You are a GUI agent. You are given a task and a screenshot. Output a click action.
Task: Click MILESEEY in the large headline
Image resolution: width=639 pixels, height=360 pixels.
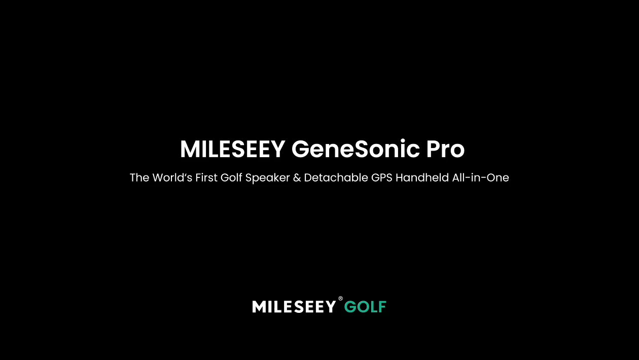232,149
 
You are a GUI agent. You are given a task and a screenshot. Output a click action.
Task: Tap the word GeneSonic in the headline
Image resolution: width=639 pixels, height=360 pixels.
356,149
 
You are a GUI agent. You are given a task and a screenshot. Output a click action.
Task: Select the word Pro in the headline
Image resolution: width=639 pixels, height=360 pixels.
446,149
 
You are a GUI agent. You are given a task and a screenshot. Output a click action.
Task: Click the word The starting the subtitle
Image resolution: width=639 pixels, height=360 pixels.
139,177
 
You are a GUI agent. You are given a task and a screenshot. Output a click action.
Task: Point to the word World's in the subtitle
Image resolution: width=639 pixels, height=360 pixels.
172,177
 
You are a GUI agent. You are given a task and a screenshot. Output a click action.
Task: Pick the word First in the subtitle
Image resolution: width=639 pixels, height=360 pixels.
206,177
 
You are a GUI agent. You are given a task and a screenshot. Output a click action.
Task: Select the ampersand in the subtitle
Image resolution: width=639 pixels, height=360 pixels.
297,177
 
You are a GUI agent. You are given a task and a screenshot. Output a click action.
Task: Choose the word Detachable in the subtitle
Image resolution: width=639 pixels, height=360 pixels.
336,177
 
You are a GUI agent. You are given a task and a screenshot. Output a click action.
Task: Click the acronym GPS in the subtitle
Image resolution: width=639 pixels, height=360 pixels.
382,177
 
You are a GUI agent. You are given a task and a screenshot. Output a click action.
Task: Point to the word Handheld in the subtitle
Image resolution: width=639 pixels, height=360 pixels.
422,177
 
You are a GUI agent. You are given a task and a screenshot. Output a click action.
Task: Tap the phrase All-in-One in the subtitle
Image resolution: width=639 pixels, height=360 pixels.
480,177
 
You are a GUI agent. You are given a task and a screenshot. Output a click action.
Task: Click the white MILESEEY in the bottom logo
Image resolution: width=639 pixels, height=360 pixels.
294,306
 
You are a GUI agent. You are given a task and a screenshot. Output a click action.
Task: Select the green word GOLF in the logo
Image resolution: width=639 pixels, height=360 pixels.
365,307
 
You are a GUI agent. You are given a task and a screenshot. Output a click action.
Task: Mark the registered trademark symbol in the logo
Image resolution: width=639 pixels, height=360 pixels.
341,298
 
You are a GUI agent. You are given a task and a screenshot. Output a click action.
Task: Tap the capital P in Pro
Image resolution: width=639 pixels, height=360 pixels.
433,149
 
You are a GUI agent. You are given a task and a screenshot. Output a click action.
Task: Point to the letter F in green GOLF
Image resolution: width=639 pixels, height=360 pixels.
382,307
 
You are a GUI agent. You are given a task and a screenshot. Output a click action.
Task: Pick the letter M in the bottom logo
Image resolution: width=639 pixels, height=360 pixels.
259,306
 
